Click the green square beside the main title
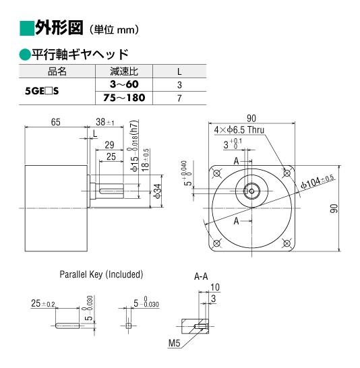[x=27, y=28]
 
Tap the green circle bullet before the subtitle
[x=25, y=55]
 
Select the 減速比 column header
[x=124, y=71]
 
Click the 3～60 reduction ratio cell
[x=124, y=84]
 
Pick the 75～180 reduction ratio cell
[x=124, y=98]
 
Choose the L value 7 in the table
[x=179, y=98]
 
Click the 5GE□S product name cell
[x=42, y=91]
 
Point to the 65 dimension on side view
[x=56, y=122]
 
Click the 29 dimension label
[x=109, y=145]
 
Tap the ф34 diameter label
[x=158, y=191]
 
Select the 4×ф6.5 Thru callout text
[x=239, y=130]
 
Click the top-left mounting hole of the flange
[x=216, y=173]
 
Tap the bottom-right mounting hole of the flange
[x=287, y=243]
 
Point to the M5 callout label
[x=174, y=343]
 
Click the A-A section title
[x=201, y=276]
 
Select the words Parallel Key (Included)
[x=101, y=274]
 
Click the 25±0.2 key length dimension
[x=43, y=303]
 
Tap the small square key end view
[x=128, y=326]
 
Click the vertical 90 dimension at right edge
[x=334, y=208]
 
